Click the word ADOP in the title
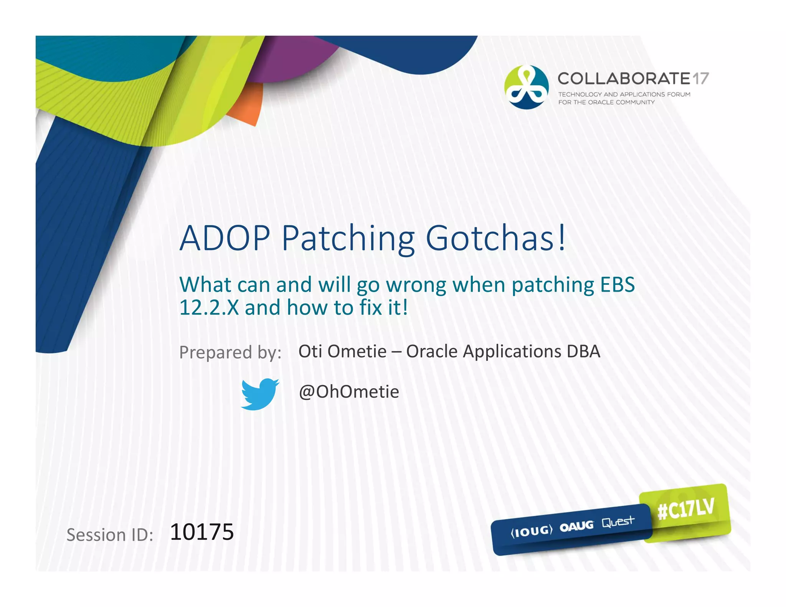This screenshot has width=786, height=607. (225, 238)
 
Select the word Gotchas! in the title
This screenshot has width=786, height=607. (495, 238)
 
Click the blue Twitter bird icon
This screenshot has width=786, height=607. (260, 394)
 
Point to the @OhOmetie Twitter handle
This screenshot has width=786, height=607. (349, 392)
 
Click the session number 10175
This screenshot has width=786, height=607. (202, 532)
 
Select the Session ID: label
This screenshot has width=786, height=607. (110, 535)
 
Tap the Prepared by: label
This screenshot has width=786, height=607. (230, 352)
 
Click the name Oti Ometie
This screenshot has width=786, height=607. (342, 351)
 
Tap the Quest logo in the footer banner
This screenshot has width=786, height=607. (618, 522)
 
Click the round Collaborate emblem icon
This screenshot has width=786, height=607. (526, 87)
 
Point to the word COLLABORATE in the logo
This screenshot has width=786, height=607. (624, 79)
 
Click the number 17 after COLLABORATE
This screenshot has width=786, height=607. (700, 79)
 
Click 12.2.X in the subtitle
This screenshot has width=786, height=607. (209, 308)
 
